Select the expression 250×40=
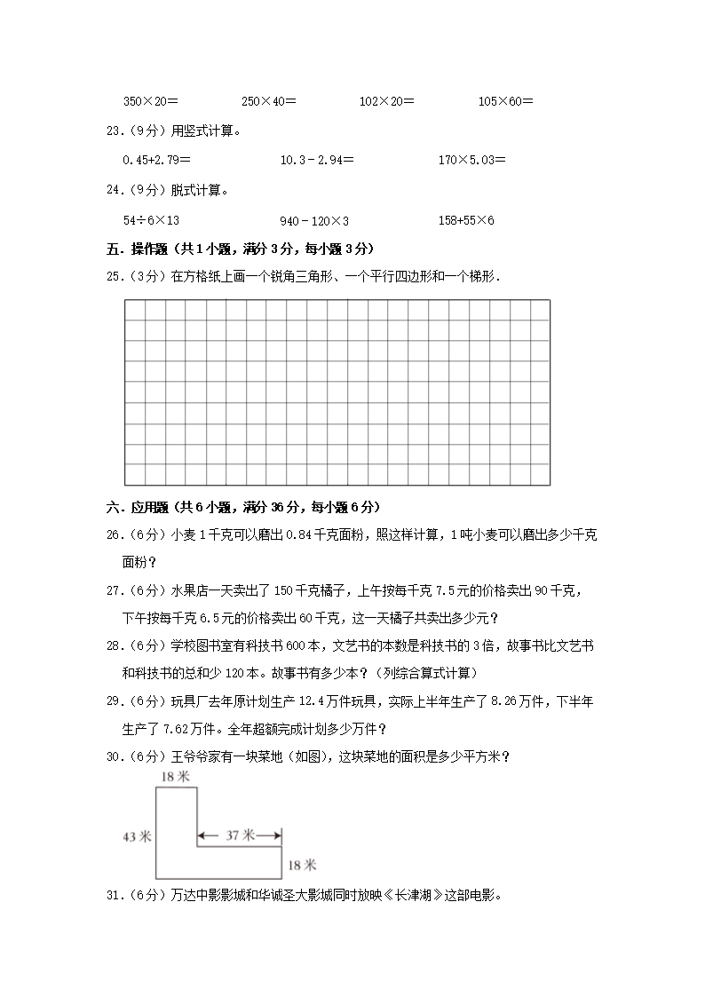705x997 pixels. point(269,101)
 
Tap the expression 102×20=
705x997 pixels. point(386,101)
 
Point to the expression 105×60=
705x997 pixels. point(505,101)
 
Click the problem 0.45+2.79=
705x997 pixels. point(157,160)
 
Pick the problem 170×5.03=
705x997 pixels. point(472,160)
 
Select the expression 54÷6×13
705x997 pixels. point(151,219)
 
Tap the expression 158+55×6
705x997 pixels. point(466,219)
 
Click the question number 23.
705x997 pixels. point(114,131)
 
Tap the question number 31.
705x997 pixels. point(114,895)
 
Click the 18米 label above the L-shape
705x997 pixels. point(175,777)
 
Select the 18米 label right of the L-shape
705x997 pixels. point(298,864)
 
